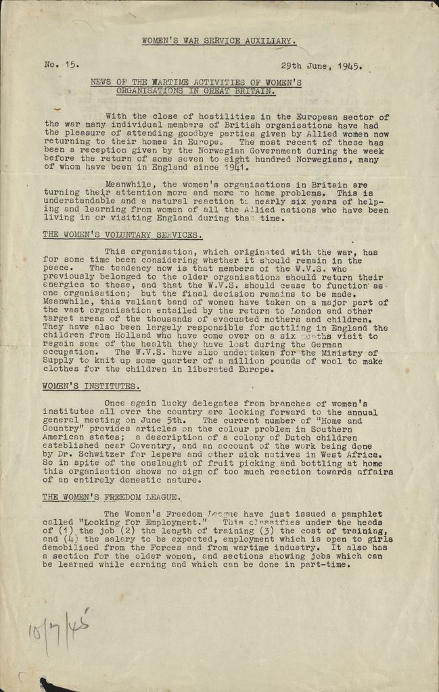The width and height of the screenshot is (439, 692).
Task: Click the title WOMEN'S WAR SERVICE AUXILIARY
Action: click(x=218, y=41)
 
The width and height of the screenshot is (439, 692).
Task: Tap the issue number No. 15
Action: click(x=62, y=66)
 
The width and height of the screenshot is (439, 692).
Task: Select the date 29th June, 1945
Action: click(x=321, y=67)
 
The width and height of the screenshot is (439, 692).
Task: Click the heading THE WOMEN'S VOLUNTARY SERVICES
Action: click(x=122, y=235)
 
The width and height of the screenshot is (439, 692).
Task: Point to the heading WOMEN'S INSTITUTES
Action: click(x=91, y=387)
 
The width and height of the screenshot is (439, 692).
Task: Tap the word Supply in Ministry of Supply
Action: click(x=61, y=362)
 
